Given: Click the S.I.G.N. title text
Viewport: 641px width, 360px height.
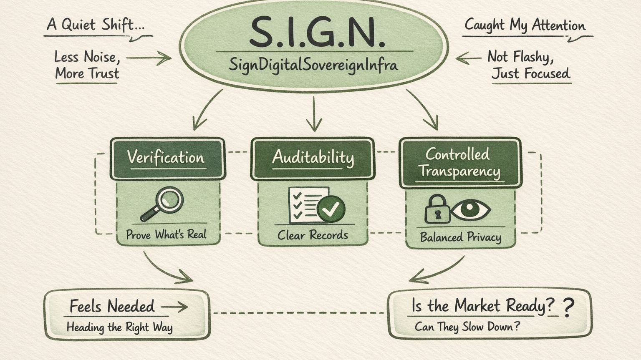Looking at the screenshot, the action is pyautogui.click(x=317, y=31).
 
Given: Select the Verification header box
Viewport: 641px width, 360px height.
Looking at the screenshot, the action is pyautogui.click(x=167, y=159).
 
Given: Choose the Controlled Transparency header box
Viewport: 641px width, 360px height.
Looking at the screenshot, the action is pyautogui.click(x=460, y=163).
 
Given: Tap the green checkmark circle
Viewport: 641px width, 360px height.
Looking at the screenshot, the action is pyautogui.click(x=331, y=209).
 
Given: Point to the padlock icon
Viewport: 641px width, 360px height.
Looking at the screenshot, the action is pyautogui.click(x=436, y=209).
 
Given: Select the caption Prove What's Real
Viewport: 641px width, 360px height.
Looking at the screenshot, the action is pyautogui.click(x=166, y=234).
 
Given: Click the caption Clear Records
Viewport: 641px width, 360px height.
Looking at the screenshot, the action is pyautogui.click(x=313, y=235).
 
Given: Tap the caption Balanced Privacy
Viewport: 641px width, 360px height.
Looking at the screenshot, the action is pyautogui.click(x=460, y=237).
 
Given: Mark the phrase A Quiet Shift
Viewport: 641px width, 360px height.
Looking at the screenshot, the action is pyautogui.click(x=96, y=25).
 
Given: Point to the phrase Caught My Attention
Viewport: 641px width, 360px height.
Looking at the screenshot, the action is pyautogui.click(x=525, y=25).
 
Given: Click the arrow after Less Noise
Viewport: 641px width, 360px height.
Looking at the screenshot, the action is pyautogui.click(x=149, y=58).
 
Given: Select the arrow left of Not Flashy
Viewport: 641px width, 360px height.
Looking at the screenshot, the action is pyautogui.click(x=468, y=58).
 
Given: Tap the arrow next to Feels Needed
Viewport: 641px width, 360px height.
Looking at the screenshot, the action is pyautogui.click(x=174, y=307).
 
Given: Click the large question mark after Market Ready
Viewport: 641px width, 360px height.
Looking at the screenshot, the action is pyautogui.click(x=568, y=308).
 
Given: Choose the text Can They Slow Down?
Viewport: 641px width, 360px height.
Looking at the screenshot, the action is pyautogui.click(x=467, y=327).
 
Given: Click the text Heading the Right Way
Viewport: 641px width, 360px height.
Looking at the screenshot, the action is pyautogui.click(x=119, y=327).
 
